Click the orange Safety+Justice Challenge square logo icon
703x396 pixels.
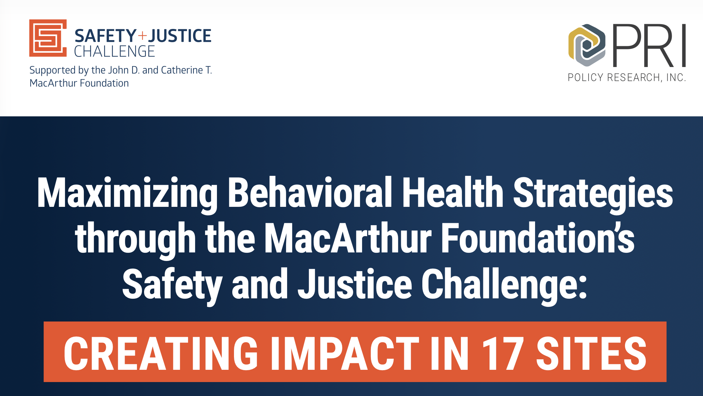48,38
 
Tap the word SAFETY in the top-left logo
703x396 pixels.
106,36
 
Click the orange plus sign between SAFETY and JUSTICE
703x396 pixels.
142,35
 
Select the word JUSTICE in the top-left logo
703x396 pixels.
180,36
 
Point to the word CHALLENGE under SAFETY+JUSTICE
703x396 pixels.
114,51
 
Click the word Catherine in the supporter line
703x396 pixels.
182,70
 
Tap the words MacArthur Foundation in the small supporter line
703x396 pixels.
79,83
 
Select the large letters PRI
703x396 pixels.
649,46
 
